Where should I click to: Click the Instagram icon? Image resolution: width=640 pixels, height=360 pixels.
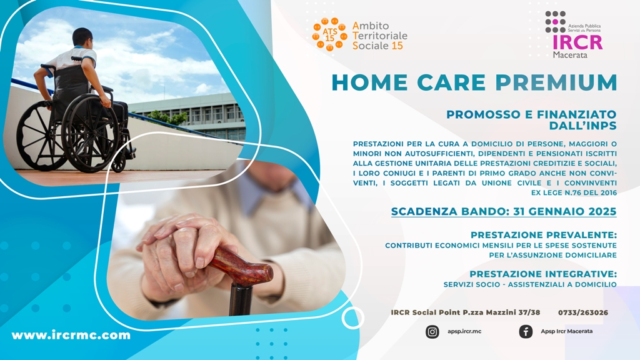[432, 331]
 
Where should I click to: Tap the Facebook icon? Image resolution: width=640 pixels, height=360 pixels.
[526, 331]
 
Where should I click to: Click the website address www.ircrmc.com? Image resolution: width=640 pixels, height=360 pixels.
[71, 335]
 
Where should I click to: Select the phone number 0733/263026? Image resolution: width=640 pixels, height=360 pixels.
[583, 312]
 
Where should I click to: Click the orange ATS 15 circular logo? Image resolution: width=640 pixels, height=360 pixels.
[330, 34]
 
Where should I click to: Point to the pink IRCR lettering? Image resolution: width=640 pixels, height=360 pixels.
[577, 42]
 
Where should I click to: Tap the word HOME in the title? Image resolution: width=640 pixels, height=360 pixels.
[370, 82]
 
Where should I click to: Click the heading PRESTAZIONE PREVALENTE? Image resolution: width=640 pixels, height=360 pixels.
[543, 235]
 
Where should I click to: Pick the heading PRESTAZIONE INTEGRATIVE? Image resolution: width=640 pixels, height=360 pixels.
[543, 274]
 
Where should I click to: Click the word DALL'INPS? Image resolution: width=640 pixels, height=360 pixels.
[583, 126]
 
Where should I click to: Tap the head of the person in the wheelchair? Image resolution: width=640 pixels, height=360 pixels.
[82, 37]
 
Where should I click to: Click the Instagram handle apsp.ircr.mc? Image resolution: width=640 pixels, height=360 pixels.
[464, 331]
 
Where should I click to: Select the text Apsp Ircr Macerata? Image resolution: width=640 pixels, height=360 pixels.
[566, 331]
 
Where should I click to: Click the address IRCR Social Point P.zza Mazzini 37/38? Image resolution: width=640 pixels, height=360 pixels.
[465, 312]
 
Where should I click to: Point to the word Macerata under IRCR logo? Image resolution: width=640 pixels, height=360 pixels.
[570, 55]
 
